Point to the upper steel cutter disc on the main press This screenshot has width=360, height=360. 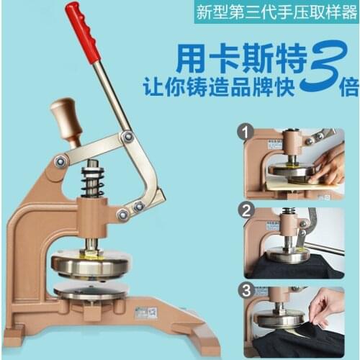tap(91, 264)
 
